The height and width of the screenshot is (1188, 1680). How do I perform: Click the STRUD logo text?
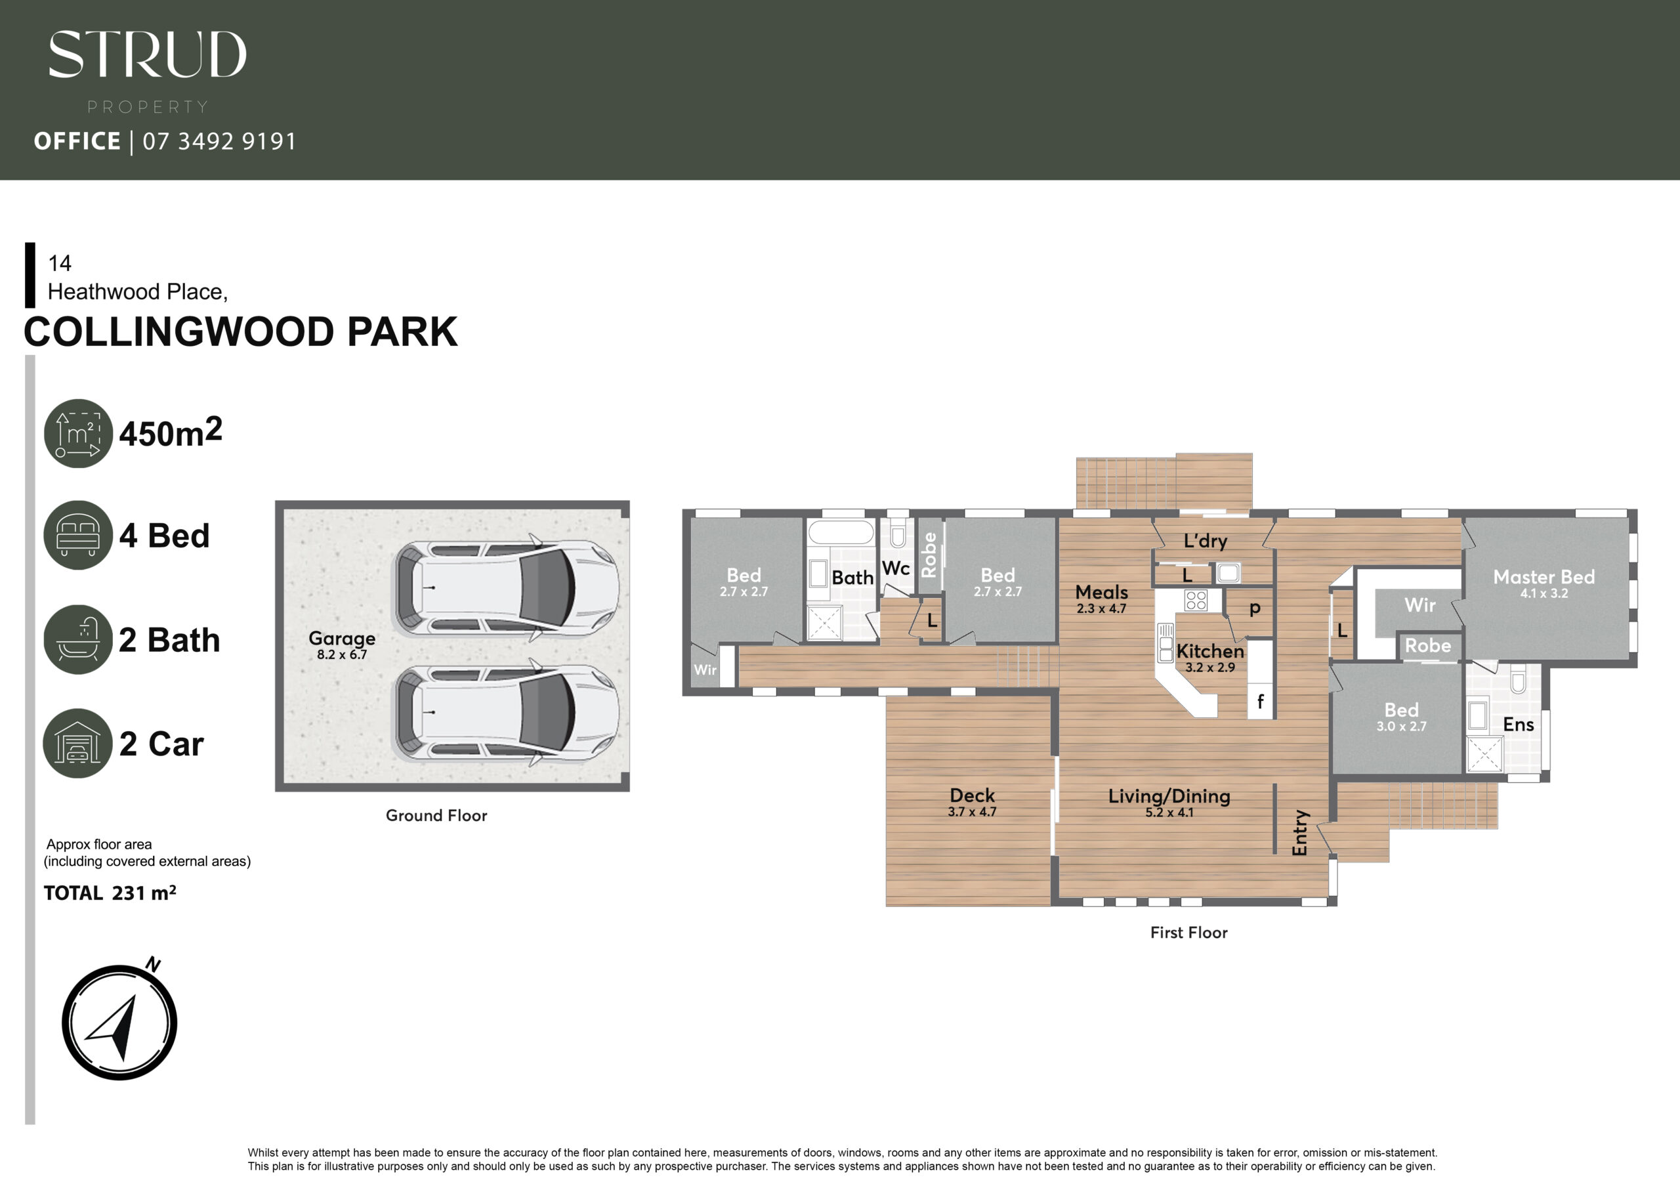point(147,54)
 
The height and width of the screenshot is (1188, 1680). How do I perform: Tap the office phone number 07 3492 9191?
point(219,141)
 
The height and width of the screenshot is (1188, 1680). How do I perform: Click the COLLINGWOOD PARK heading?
point(241,331)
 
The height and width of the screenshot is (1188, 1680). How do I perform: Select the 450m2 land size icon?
point(78,433)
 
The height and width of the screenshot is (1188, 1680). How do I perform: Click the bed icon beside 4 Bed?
point(78,535)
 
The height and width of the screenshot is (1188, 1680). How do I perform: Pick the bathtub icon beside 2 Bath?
point(78,639)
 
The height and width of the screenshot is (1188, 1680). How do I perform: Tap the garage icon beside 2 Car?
point(78,743)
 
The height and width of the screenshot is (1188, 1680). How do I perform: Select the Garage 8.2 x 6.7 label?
point(342,645)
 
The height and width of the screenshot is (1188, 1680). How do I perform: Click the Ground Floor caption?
point(436,815)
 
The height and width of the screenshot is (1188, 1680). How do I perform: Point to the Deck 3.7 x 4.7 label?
point(973,801)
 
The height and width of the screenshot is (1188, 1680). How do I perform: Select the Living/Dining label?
point(1169,796)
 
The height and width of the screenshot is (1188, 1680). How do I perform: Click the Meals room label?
point(1101,592)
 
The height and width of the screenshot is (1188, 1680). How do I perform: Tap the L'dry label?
point(1205,541)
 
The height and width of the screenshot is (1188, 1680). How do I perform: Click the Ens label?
point(1519,725)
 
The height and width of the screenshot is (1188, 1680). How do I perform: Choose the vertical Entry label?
point(1299,833)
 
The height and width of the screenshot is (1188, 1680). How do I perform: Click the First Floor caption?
point(1189,933)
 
